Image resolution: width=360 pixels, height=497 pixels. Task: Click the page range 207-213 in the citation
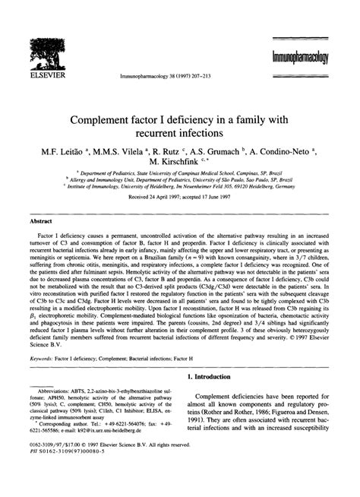201,77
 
